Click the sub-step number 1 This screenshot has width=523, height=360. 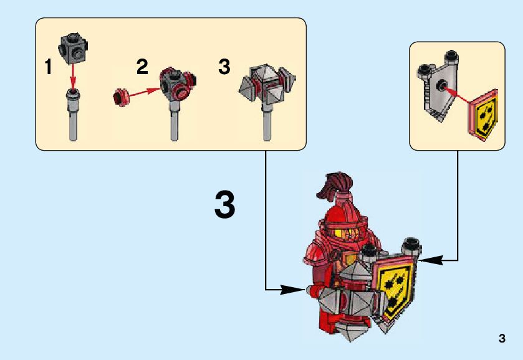point(47,67)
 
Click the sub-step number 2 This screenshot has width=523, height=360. point(143,67)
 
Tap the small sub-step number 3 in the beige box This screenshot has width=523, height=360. point(224,67)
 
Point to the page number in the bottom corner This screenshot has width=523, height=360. point(502,339)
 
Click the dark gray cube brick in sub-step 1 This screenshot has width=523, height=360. point(74,49)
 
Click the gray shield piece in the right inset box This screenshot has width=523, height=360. point(439,87)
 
